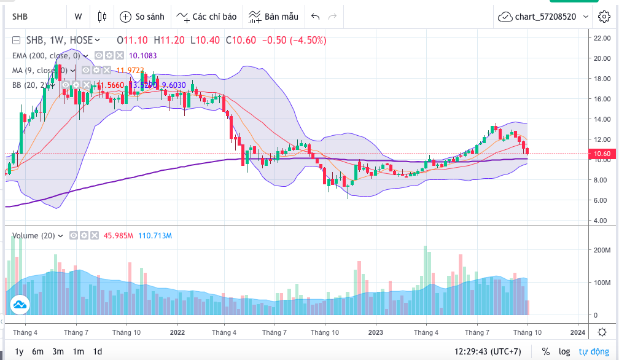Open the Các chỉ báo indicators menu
pyautogui.click(x=207, y=17)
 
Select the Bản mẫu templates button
pyautogui.click(x=274, y=17)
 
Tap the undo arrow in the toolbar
pyautogui.click(x=316, y=17)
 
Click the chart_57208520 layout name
pyautogui.click(x=545, y=17)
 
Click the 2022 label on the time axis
pyautogui.click(x=177, y=332)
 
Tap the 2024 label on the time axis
pyautogui.click(x=577, y=332)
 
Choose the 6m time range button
pyautogui.click(x=38, y=351)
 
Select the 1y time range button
pyautogui.click(x=19, y=351)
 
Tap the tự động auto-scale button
pyautogui.click(x=593, y=351)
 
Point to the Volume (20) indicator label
pyautogui.click(x=34, y=235)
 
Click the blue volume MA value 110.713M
pyautogui.click(x=155, y=235)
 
